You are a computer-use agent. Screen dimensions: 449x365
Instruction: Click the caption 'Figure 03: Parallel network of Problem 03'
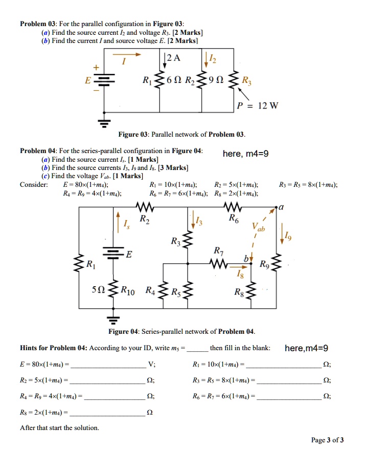[x=182, y=135]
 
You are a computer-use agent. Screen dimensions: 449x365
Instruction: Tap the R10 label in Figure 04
[x=127, y=292]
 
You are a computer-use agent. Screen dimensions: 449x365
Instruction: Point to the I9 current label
[x=289, y=236]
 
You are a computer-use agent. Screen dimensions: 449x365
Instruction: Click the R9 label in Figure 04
[x=264, y=265]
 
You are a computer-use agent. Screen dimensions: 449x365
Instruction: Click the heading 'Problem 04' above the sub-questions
[x=38, y=151]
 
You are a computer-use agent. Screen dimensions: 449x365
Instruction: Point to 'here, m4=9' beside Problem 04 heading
[x=245, y=154]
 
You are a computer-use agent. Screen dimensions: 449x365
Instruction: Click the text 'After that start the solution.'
[x=59, y=427]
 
